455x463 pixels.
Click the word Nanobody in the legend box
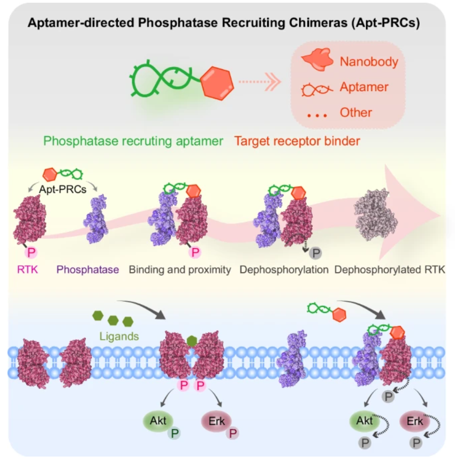point(369,62)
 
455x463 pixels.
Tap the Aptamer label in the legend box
point(364,87)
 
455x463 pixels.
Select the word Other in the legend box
point(355,113)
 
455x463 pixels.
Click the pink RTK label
point(28,270)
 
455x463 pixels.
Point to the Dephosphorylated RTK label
point(389,270)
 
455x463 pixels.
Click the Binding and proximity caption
point(180,270)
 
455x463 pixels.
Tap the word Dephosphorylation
point(284,270)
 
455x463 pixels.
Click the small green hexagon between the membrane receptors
point(192,340)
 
